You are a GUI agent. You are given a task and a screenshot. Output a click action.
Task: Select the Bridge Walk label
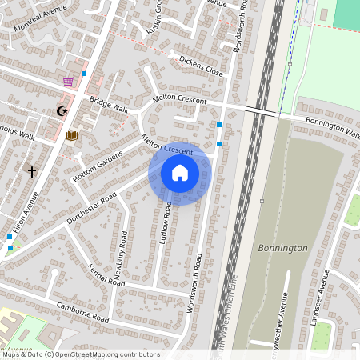pos(109,105)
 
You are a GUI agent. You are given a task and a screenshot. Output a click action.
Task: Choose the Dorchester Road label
pos(91,207)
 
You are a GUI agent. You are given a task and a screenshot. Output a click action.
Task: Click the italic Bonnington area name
pos(282,248)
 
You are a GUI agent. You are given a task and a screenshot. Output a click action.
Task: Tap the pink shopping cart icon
pos(69,82)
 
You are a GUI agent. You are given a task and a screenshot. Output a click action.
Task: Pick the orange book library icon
pos(72,135)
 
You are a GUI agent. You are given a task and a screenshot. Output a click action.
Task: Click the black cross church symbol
pos(32,171)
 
